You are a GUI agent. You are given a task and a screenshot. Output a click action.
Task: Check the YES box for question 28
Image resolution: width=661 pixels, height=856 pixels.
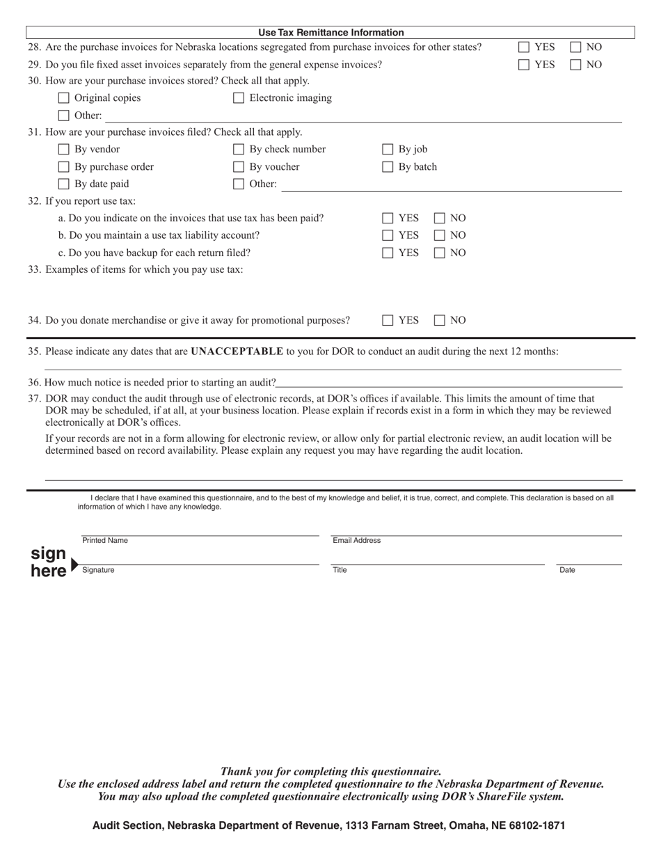tap(524, 47)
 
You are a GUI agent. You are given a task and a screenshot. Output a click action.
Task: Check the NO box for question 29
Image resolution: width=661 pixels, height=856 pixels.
tap(576, 65)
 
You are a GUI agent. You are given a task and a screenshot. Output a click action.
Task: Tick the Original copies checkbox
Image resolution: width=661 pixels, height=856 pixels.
tap(64, 98)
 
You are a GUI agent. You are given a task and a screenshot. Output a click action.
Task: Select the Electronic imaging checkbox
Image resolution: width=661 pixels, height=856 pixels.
tap(239, 98)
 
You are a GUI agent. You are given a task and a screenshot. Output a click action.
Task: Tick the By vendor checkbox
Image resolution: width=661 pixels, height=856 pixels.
tap(64, 150)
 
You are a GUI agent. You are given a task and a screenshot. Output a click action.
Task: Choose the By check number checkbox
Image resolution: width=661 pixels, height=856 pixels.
tap(239, 150)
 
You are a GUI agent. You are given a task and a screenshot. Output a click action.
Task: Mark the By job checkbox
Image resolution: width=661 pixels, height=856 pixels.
tap(388, 150)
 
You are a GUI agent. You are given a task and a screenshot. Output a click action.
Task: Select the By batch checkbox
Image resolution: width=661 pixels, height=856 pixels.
tap(388, 167)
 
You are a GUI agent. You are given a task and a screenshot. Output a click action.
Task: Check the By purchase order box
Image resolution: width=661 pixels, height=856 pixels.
tap(64, 167)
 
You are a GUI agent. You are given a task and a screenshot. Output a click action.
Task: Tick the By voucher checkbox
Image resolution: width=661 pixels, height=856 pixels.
tap(239, 167)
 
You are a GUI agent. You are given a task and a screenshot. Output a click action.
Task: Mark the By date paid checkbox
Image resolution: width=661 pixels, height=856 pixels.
tap(64, 184)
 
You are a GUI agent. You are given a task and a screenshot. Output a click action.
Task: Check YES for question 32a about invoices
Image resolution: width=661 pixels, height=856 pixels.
tap(388, 219)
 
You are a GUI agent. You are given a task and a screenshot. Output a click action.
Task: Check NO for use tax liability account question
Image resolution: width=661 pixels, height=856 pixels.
tap(440, 236)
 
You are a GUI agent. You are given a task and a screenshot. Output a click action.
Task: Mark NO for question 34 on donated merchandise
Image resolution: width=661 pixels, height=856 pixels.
tap(440, 321)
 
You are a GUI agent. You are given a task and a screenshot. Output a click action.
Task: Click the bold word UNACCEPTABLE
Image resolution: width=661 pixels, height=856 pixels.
tap(237, 351)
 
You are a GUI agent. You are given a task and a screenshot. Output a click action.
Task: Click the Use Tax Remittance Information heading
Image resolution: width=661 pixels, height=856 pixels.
tap(330, 33)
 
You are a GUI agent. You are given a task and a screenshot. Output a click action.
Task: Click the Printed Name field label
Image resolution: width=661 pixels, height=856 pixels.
tap(105, 541)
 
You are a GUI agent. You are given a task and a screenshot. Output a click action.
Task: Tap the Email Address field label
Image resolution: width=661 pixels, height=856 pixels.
tap(356, 541)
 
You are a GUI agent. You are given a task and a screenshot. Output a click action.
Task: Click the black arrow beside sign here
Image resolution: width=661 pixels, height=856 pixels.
tap(75, 564)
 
